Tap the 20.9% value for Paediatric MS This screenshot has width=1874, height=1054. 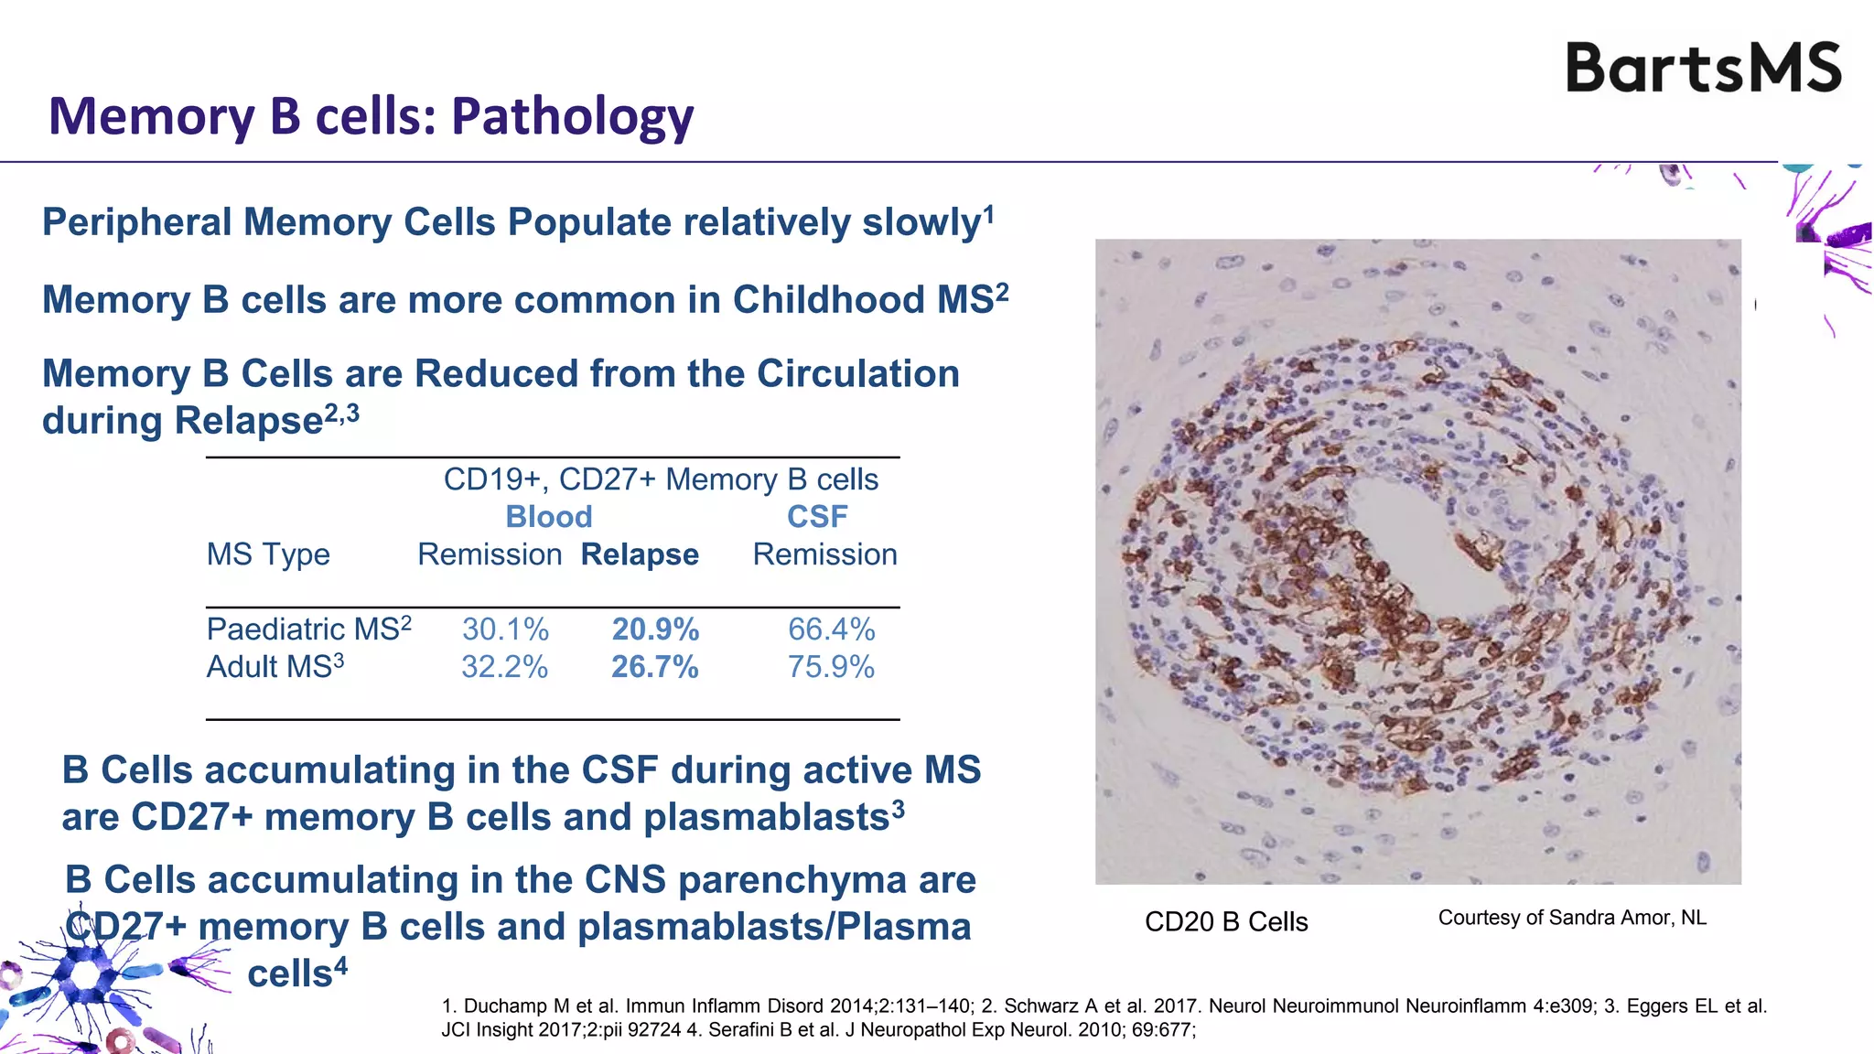(x=655, y=629)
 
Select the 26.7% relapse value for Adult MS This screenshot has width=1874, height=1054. (x=655, y=667)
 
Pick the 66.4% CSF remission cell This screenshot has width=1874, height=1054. (x=831, y=629)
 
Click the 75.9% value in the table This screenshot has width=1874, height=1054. (x=831, y=667)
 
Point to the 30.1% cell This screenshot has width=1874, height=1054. (x=505, y=629)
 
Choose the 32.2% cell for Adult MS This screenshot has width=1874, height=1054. (x=504, y=667)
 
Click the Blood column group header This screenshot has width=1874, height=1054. (x=549, y=517)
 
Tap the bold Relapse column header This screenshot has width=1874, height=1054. (x=640, y=554)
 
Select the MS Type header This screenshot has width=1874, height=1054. (x=268, y=554)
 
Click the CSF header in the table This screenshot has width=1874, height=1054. (x=817, y=517)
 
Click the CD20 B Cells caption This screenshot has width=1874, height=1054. (x=1226, y=921)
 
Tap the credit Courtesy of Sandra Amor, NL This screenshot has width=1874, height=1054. (x=1572, y=918)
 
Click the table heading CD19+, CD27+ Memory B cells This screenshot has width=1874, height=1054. (x=661, y=479)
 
